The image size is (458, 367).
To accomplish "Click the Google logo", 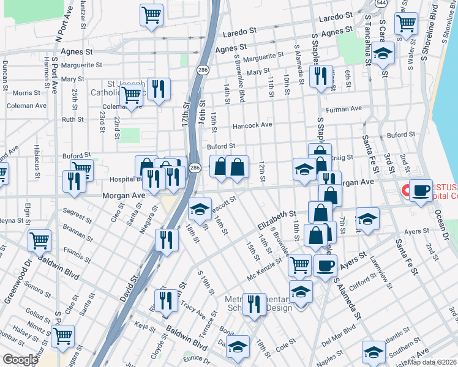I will pos(20,360).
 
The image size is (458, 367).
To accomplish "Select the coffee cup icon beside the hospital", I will pos(421,190).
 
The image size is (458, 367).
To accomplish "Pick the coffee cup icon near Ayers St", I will pos(325,265).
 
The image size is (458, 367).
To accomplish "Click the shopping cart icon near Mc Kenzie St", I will pos(299,264).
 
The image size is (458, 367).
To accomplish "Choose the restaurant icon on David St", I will pos(166,239).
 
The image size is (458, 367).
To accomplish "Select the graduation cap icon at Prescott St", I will pos(199,209).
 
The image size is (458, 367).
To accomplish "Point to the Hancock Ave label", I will pos(252,125).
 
